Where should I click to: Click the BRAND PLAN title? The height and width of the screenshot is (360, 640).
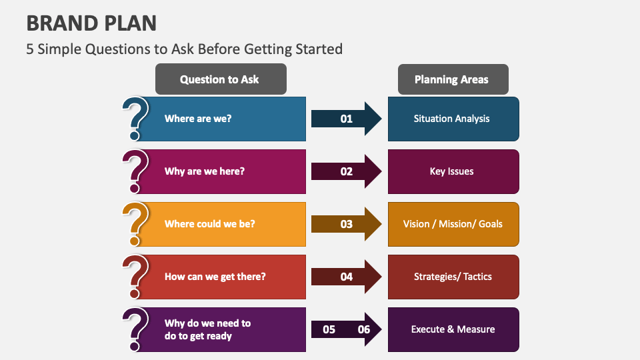[x=91, y=23]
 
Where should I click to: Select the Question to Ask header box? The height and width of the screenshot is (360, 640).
[x=220, y=79]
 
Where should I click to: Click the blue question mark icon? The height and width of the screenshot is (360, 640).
[x=136, y=118]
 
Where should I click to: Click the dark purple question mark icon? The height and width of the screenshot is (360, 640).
[x=136, y=329]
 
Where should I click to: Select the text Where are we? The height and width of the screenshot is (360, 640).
[x=198, y=119]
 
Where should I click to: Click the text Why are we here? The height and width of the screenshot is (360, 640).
[x=205, y=171]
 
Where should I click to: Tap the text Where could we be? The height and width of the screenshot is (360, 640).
[x=210, y=224]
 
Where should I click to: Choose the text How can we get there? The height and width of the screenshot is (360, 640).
[x=215, y=277]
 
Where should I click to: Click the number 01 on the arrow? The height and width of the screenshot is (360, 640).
[x=347, y=119]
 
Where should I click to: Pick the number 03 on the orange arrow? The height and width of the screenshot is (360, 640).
[x=347, y=224]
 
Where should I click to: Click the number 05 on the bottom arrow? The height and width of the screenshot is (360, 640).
[x=329, y=329]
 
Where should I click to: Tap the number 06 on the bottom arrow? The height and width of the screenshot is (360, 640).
[x=364, y=329]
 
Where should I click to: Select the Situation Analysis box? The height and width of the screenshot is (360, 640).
[x=453, y=119]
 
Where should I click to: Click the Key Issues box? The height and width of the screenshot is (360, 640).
[x=453, y=171]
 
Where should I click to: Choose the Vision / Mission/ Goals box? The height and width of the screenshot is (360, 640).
[x=453, y=224]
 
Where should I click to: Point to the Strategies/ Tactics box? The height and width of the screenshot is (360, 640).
[x=453, y=277]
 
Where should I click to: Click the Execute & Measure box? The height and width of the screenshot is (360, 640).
[x=453, y=329]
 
